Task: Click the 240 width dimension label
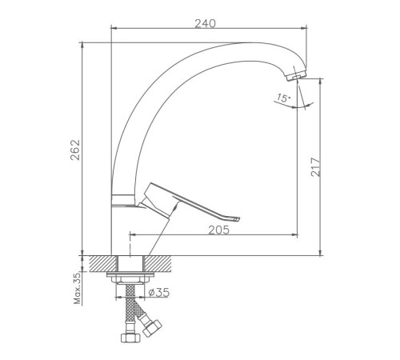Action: [205, 23]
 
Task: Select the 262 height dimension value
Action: [75, 150]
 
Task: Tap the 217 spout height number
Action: [316, 167]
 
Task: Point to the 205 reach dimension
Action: [218, 230]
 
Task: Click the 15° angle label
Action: [283, 98]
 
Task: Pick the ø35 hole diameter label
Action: [159, 293]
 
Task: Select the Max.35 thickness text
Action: [77, 289]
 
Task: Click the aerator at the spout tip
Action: [296, 75]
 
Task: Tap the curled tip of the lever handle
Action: [236, 218]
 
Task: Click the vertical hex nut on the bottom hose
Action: [130, 338]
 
